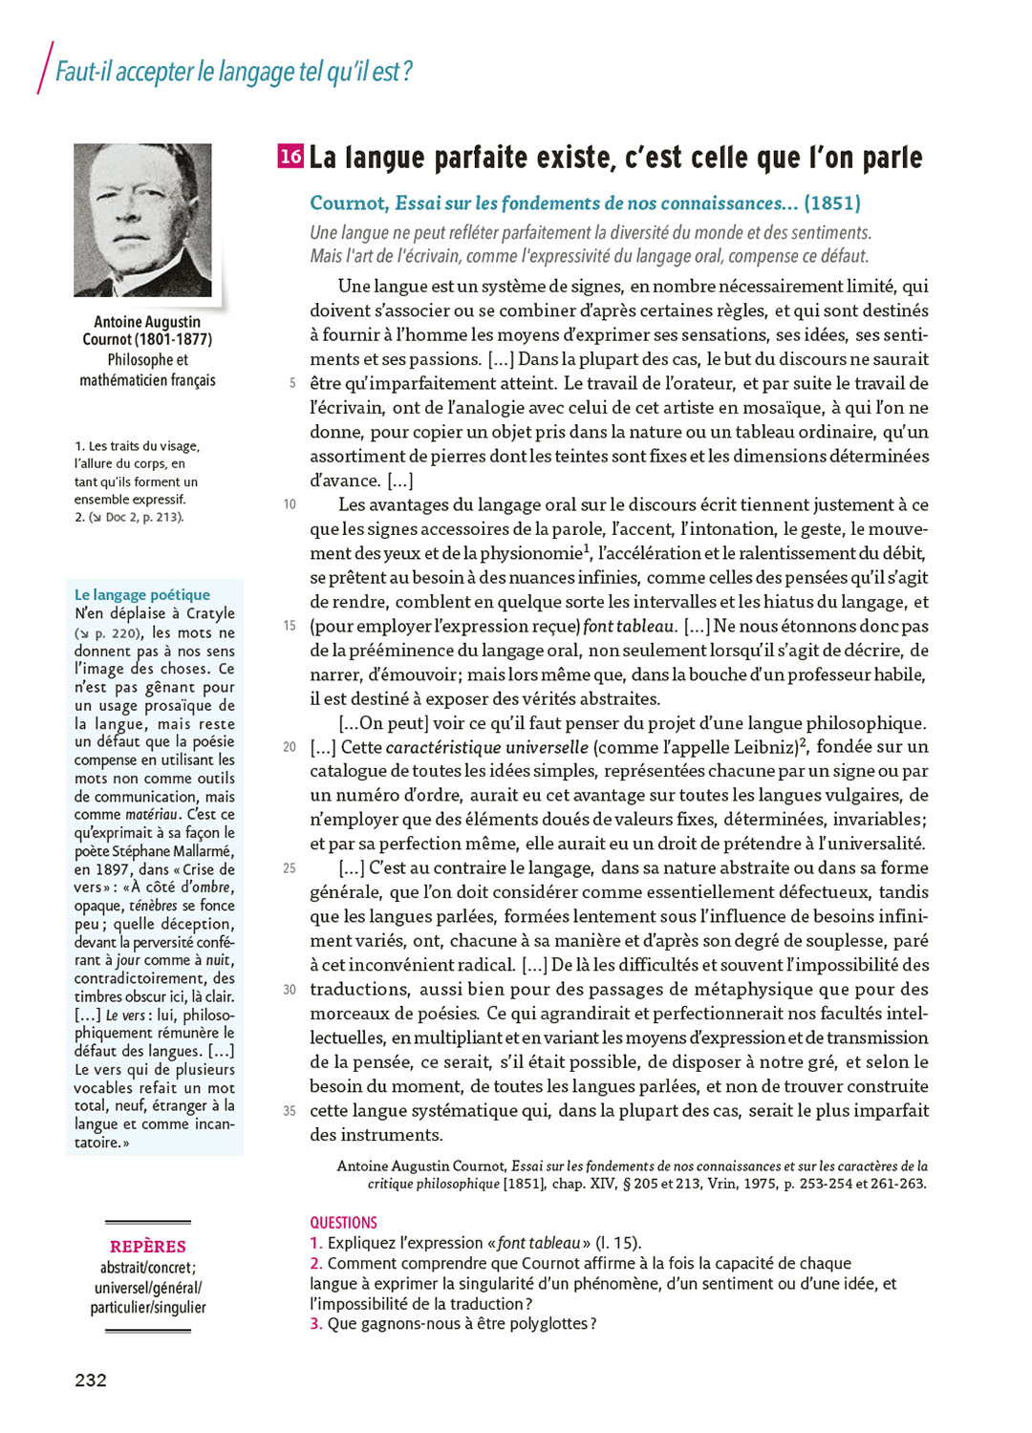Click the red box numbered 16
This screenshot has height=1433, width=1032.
coord(290,156)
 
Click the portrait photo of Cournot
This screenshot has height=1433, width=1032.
coord(142,220)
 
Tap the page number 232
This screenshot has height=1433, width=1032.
coord(91,1380)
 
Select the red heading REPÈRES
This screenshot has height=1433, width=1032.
coord(148,1247)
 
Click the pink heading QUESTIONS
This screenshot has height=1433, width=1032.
coord(343,1223)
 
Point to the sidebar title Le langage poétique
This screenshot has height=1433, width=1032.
coord(141,594)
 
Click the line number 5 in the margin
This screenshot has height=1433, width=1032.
coord(291,383)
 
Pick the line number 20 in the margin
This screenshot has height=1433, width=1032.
coord(290,747)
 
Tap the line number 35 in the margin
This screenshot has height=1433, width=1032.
coord(290,1111)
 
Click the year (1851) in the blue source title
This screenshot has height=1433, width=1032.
coord(832,203)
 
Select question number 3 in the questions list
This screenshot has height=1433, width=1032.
coord(315,1324)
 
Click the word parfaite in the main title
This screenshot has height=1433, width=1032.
coord(492,158)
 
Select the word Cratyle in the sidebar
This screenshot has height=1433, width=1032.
coord(210,613)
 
